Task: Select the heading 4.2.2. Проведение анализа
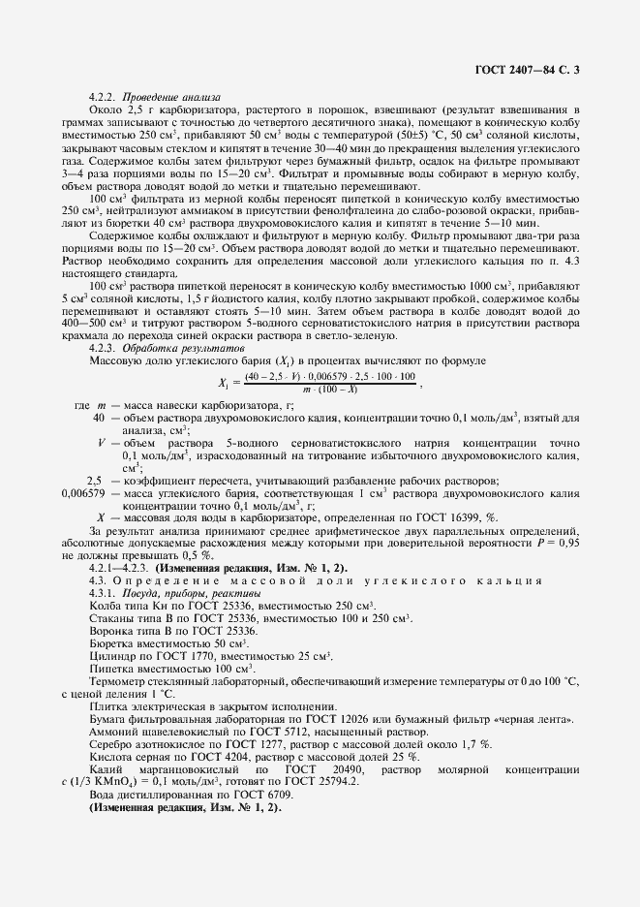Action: pos(154,97)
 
